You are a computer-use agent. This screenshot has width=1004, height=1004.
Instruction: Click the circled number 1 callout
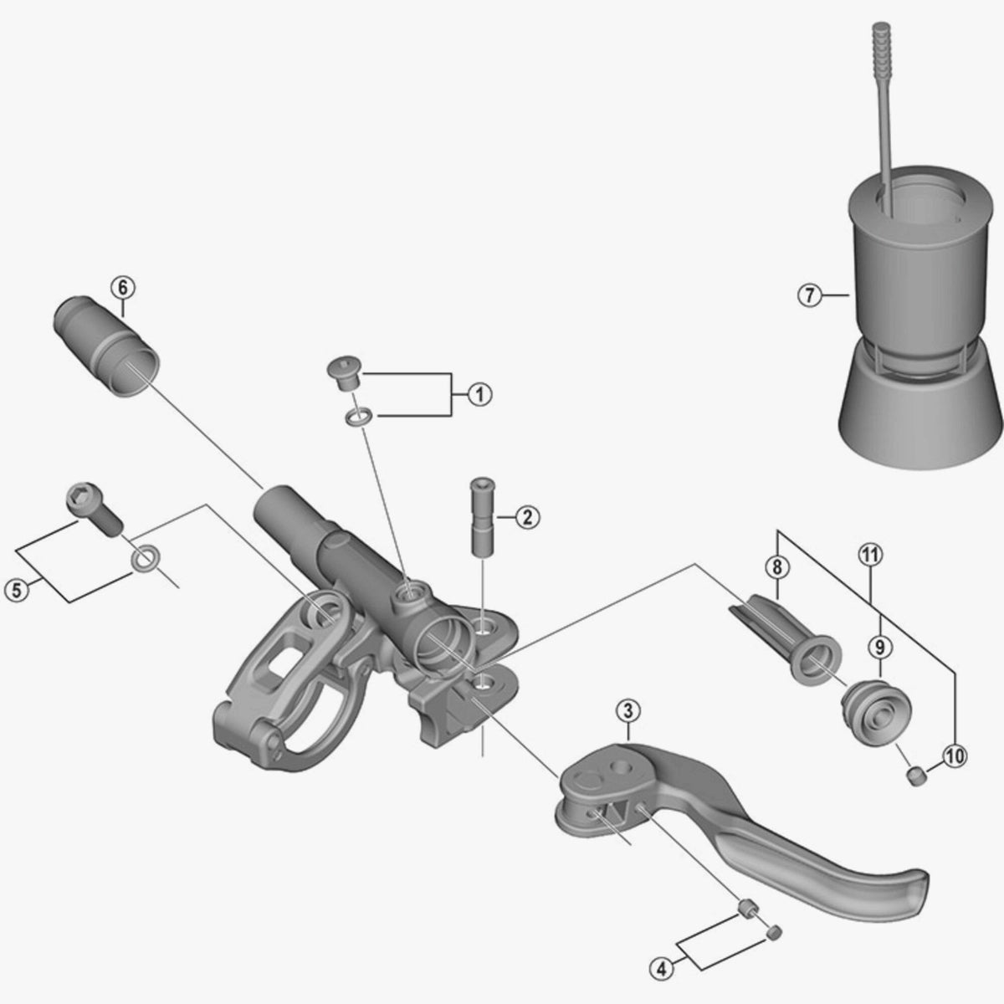(x=479, y=395)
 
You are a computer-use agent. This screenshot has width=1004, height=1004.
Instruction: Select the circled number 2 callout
(x=527, y=517)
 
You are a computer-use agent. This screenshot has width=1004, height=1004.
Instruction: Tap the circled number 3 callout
(x=627, y=710)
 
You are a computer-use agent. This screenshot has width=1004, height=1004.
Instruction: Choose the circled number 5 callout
(x=17, y=591)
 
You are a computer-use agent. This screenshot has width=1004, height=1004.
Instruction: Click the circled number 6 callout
(x=122, y=287)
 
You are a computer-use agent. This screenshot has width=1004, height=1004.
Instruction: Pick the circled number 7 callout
(x=810, y=295)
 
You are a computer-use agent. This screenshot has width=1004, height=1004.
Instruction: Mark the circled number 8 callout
(x=776, y=567)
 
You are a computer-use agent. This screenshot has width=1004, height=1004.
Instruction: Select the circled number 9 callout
(x=880, y=648)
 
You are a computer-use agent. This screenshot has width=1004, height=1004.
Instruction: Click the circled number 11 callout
(x=871, y=556)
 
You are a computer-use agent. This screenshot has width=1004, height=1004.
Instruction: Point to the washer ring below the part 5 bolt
(x=146, y=559)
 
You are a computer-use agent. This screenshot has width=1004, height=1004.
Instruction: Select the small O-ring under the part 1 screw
(x=358, y=417)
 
